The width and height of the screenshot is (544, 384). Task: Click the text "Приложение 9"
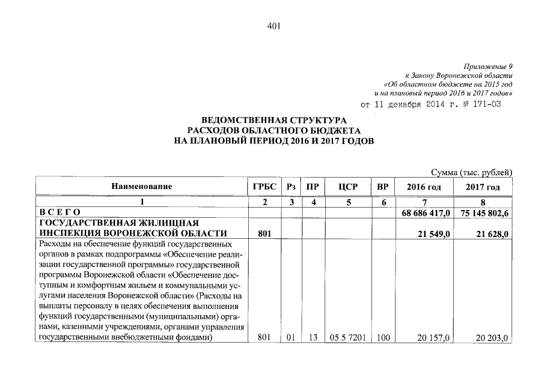click(490, 66)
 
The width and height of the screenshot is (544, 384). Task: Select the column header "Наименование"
click(142, 187)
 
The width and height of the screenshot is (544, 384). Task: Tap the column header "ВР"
click(382, 187)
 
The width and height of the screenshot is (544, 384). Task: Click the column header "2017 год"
click(483, 187)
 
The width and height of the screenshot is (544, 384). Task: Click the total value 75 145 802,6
click(483, 212)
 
